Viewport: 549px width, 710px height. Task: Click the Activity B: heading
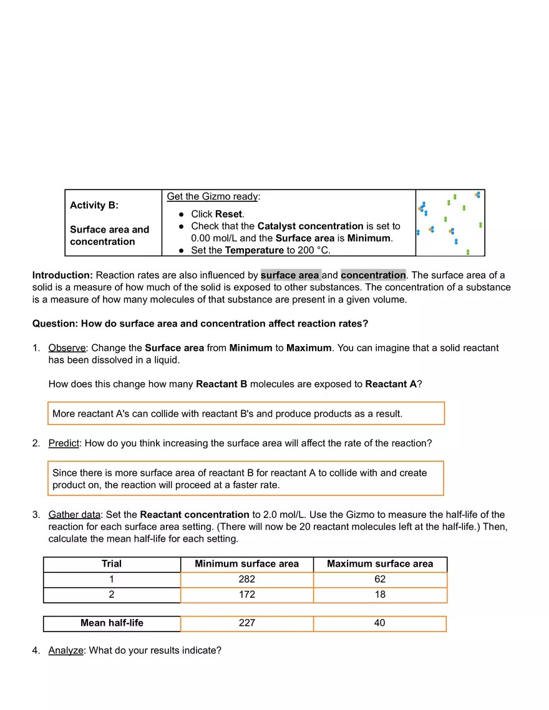(94, 205)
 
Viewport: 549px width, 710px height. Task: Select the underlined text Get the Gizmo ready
(212, 196)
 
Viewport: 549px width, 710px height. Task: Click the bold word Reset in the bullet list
(228, 214)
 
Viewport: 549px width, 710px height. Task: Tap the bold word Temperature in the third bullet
(254, 250)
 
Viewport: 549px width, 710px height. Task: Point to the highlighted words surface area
(290, 275)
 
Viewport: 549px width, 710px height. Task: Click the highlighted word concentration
(373, 275)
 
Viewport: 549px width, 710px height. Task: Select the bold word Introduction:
(62, 275)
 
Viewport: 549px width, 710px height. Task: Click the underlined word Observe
(67, 348)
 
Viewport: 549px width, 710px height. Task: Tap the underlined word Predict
(64, 443)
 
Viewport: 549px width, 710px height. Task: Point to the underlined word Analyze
(66, 650)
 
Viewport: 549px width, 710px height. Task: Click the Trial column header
(112, 564)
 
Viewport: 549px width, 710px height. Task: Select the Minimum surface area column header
(246, 564)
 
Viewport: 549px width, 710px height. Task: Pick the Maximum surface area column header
(379, 564)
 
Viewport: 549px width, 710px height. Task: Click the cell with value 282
(246, 579)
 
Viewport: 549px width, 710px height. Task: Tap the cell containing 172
(246, 595)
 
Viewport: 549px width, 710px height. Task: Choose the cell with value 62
(379, 579)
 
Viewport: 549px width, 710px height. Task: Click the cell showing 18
(379, 595)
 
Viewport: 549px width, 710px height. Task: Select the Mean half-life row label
(112, 623)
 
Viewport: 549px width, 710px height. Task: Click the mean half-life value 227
(246, 623)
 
